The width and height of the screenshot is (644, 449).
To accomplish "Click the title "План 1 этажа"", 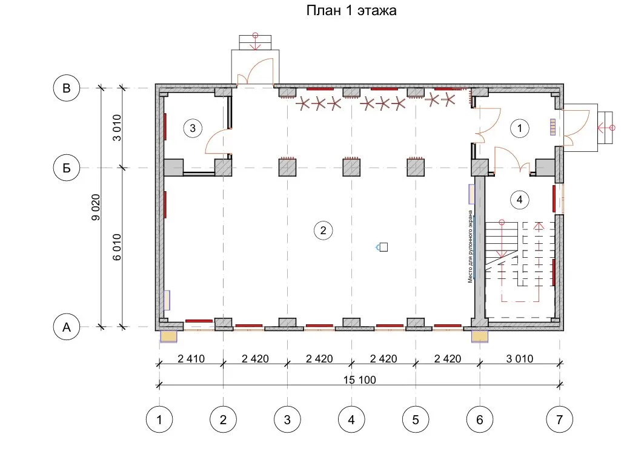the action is click(351, 10).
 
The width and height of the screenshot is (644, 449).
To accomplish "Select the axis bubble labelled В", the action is click(67, 88).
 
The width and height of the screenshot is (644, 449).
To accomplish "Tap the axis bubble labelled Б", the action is click(67, 168).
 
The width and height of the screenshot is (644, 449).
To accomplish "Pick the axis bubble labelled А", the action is click(67, 327).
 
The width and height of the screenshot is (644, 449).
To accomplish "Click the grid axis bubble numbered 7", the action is click(559, 419).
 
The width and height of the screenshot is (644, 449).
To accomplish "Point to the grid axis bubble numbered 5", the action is click(416, 419).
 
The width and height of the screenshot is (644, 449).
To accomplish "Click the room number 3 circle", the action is click(193, 128).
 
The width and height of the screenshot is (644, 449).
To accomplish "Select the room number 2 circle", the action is click(324, 231).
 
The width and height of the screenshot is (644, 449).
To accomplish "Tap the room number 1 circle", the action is click(520, 128).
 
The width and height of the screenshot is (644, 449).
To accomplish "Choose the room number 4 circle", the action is click(520, 200).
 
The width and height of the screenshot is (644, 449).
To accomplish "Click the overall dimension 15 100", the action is click(360, 379).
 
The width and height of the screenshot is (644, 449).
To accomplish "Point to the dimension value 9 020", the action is click(95, 207).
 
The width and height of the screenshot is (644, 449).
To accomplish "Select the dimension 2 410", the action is click(191, 359).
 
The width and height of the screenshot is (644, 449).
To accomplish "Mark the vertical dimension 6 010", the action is click(117, 247).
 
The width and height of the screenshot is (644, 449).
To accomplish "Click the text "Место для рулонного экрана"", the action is click(471, 246).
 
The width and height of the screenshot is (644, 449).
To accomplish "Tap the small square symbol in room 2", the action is click(383, 247).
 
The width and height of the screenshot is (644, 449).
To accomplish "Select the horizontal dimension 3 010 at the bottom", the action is click(520, 359).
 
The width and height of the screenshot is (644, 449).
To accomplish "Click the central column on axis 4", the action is click(351, 167).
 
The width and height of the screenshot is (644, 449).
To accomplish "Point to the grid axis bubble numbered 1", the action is click(159, 419).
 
